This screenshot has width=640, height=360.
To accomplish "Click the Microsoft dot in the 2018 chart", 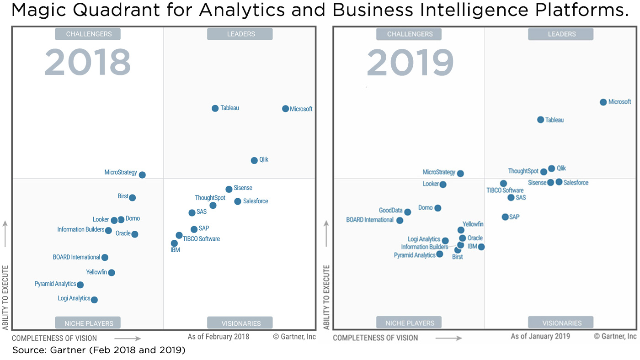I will coord(285,109).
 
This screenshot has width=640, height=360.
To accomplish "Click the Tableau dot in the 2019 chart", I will coord(540,120).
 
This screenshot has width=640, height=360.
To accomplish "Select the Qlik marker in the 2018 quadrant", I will coord(254,160).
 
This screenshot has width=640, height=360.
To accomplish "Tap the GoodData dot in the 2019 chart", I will coord(407,212).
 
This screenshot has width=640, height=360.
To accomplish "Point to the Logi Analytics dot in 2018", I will coord(94,300).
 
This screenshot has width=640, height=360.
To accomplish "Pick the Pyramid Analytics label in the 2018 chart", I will coord(55,284).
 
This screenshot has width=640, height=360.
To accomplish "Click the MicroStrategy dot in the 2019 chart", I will coord(460,174).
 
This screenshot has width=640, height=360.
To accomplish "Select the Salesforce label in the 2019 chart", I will coord(576,183).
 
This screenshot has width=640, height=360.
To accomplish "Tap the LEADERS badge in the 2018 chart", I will coord(240,34).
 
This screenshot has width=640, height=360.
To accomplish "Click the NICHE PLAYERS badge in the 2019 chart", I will coord(409,323).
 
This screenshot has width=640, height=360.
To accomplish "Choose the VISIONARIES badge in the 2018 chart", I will coord(240,323).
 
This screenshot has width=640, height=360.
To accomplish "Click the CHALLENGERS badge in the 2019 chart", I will coord(409,34).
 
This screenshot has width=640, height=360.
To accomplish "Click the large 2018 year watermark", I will coord(87,63).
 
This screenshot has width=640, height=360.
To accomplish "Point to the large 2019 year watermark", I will coord(410,63).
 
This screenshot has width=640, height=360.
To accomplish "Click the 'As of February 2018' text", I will coord(219,337).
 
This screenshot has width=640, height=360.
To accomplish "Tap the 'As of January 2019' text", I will coord(540,336).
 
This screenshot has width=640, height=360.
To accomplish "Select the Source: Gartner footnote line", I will coord(98,350).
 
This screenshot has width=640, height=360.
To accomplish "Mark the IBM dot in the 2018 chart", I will coord(174,244).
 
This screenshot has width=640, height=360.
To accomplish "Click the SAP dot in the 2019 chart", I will coord(505,217).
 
